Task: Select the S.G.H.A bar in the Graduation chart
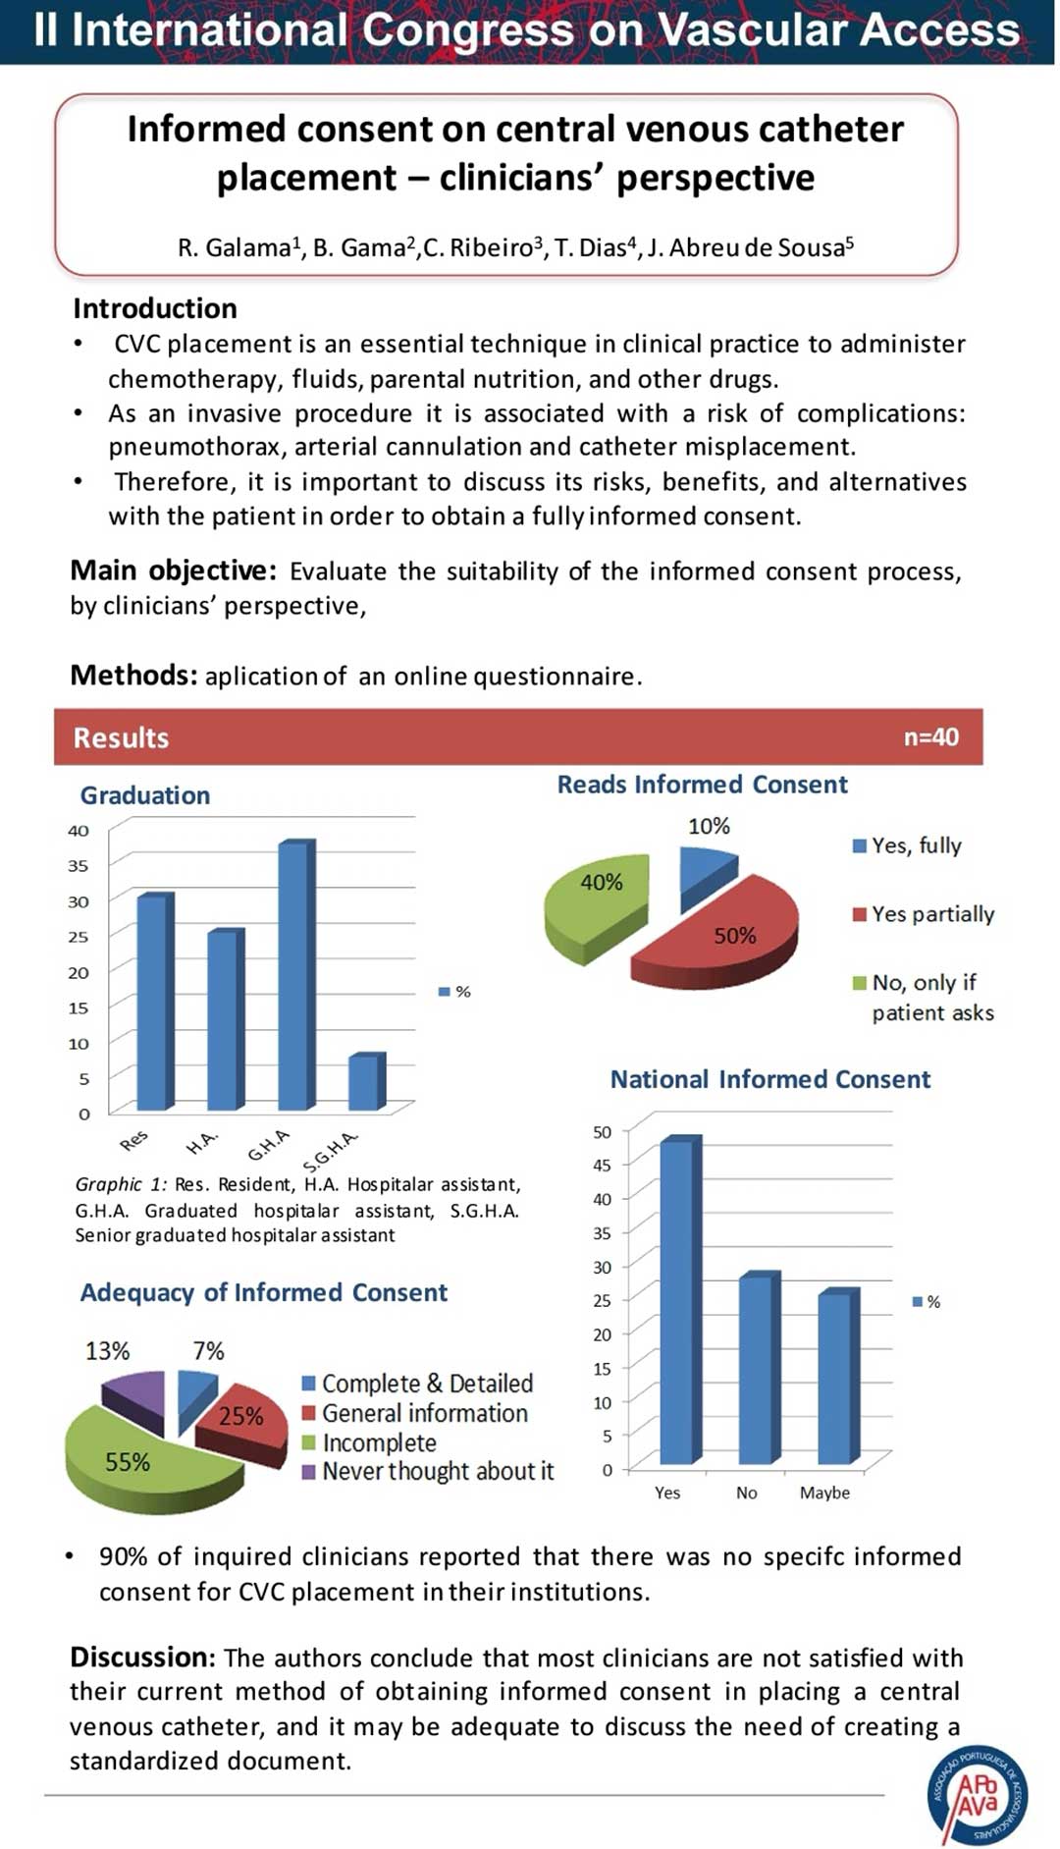(367, 1082)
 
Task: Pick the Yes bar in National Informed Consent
(681, 1299)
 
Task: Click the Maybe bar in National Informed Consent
(839, 1377)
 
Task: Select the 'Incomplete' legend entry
(368, 1442)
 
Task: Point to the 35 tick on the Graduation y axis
(78, 866)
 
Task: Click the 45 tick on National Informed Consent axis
(602, 1166)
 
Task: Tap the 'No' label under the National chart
(747, 1493)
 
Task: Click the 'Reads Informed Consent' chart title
(702, 785)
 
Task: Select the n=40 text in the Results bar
(931, 737)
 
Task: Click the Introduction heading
(155, 308)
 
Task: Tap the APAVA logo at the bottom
(978, 1794)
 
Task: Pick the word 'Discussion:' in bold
(142, 1658)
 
